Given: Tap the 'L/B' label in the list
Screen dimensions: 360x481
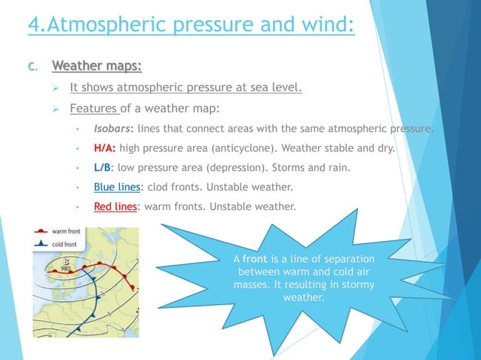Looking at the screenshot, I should pos(103,167).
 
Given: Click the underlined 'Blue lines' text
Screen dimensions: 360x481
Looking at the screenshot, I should pos(117,187).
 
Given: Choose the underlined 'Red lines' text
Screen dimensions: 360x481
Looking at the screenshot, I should pos(115,206).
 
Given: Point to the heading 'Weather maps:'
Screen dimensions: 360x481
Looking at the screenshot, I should pos(97,66).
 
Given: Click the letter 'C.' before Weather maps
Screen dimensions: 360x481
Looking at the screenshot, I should pos(32,67).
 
